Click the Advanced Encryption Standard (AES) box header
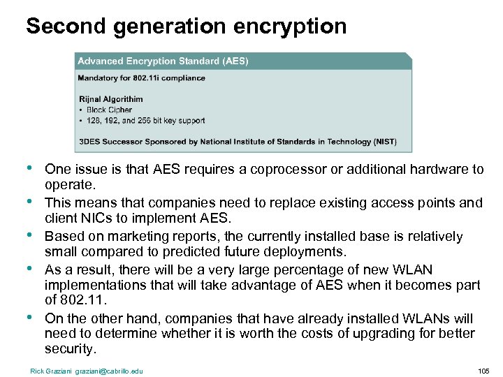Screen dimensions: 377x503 pyautogui.click(x=163, y=61)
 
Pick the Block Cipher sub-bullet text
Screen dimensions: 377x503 pyautogui.click(x=110, y=110)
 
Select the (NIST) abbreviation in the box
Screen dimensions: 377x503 pyautogui.click(x=384, y=142)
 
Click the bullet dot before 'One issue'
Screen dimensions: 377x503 pyautogui.click(x=28, y=168)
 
